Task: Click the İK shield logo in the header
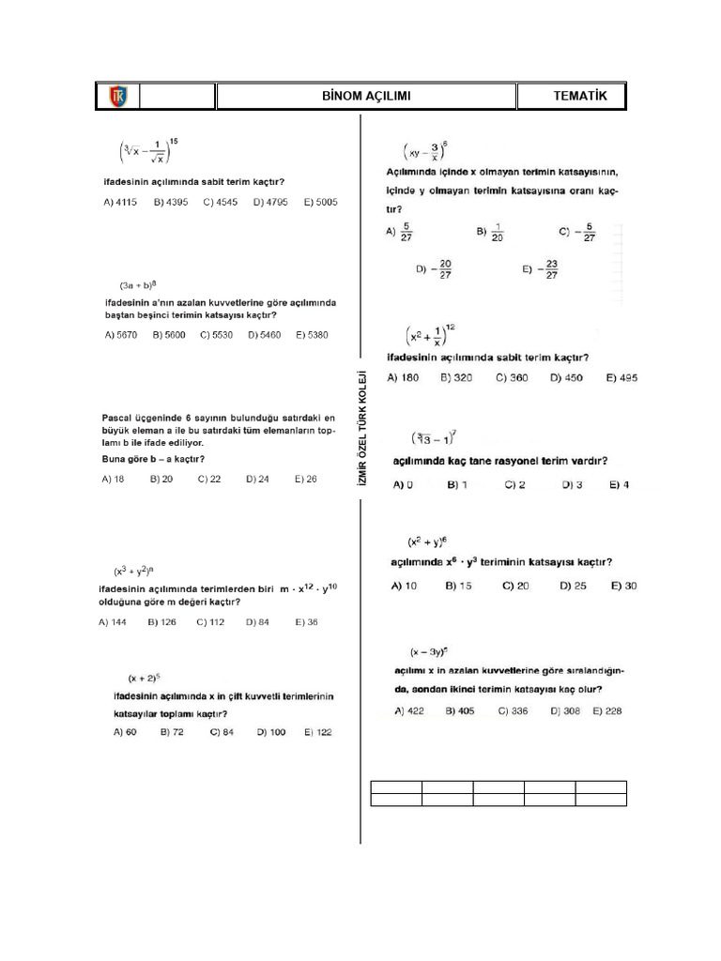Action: [x=119, y=97]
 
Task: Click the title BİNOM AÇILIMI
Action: [x=365, y=97]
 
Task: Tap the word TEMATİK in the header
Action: [x=580, y=97]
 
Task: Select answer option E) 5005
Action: [x=320, y=202]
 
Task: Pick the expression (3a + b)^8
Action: [x=137, y=283]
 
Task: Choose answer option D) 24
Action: [x=257, y=479]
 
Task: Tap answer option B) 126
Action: [x=161, y=621]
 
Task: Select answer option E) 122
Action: [x=314, y=732]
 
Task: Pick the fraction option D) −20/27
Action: [x=434, y=270]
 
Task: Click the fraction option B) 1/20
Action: [x=490, y=232]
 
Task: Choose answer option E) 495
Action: [x=621, y=377]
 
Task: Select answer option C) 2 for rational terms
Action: [x=514, y=484]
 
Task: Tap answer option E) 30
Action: [x=623, y=586]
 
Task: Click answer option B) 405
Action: [x=460, y=711]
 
